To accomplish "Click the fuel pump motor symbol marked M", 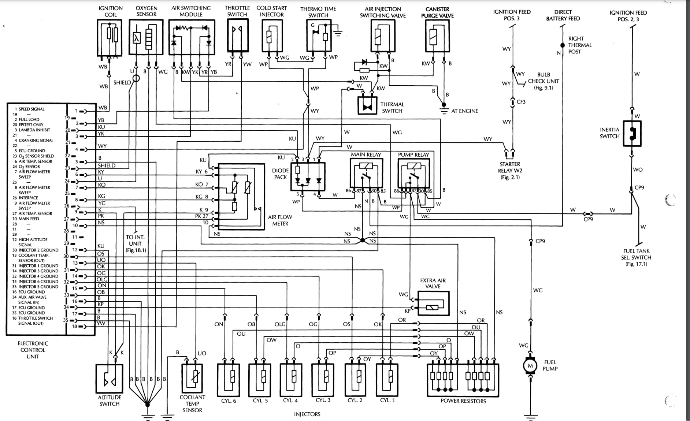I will tap(530, 366).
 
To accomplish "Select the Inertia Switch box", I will tap(632, 134).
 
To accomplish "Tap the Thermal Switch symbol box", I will tap(367, 106).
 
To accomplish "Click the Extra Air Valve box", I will tap(433, 303).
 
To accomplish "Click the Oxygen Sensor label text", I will tap(146, 11).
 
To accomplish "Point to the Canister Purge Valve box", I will tap(437, 36).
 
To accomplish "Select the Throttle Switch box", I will tap(237, 35).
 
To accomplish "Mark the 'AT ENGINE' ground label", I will tap(464, 111).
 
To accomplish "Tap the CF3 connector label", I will tap(521, 102).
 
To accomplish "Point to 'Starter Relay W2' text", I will tap(510, 171).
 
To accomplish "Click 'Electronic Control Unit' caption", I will tap(33, 350).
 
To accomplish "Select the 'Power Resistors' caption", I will tap(463, 401).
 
